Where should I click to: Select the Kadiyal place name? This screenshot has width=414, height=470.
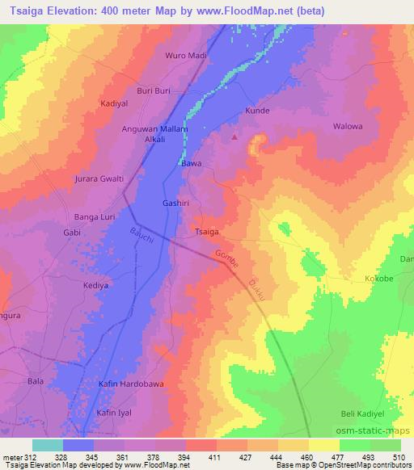coord(114,104)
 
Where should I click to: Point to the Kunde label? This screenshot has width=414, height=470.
coord(257,111)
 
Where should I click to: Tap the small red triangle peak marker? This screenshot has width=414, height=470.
coord(235,136)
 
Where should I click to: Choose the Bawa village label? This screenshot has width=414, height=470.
coord(191,163)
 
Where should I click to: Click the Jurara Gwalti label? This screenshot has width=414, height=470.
coord(99,178)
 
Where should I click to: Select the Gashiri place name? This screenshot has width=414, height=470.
coord(175,204)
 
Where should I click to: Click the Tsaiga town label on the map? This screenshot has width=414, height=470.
coord(207,233)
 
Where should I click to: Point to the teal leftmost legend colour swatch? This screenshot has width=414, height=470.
coord(48,445)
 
